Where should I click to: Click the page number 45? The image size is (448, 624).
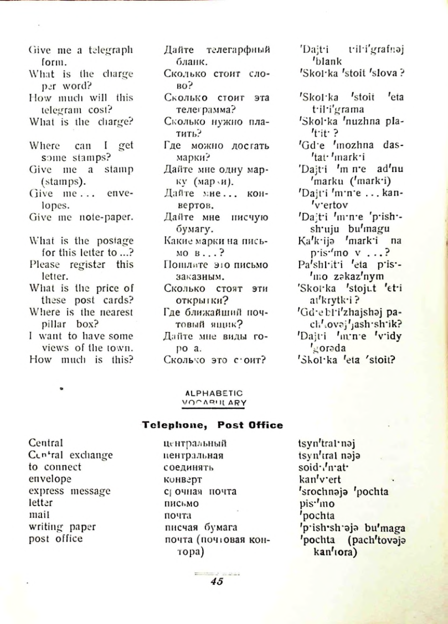(217, 581)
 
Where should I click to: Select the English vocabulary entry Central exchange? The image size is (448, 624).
(70, 455)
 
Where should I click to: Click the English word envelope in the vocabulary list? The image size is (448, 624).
(50, 479)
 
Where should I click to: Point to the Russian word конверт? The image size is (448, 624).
(183, 479)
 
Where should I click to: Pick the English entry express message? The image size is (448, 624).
(69, 491)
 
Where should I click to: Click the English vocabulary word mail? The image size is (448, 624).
(37, 515)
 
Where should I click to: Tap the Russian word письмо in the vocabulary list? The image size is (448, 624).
(182, 503)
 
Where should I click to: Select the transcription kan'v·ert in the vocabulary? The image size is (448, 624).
(318, 479)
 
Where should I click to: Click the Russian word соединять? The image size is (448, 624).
(189, 467)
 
